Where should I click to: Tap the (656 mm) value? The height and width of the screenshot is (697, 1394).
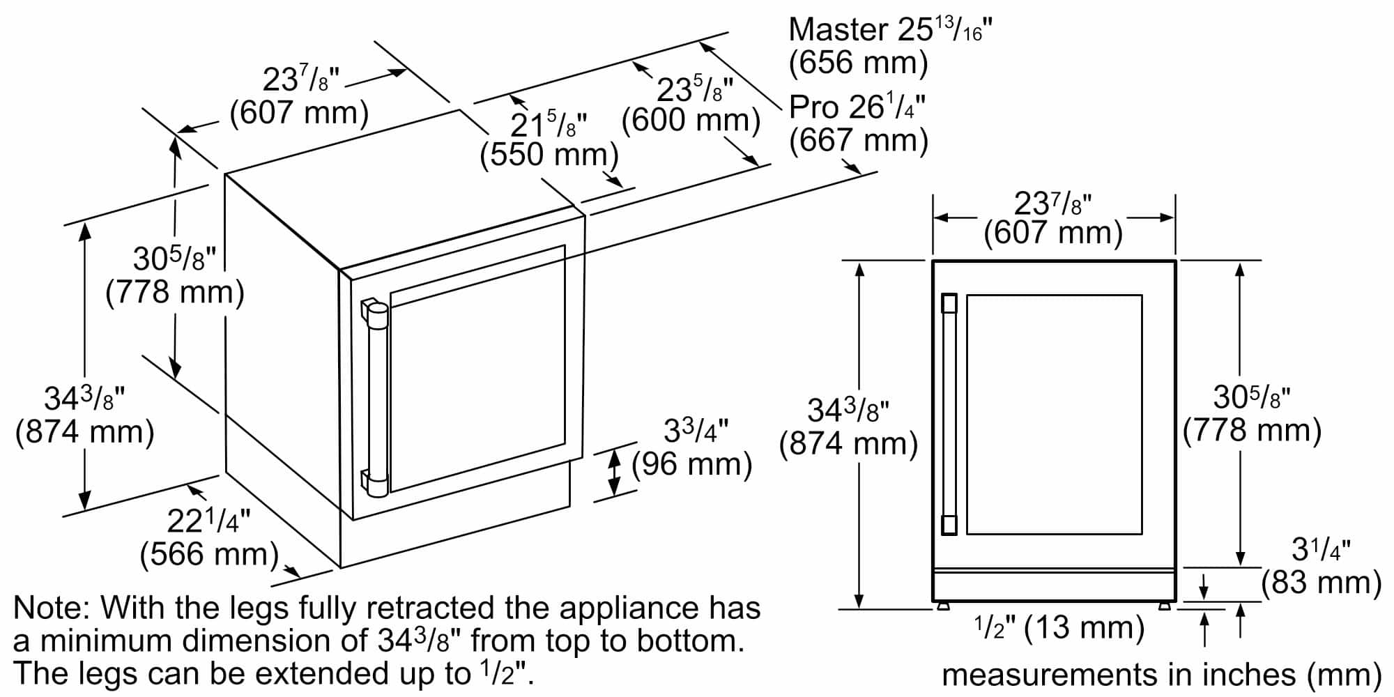pyautogui.click(x=858, y=63)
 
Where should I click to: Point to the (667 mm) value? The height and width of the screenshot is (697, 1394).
pyautogui.click(x=859, y=141)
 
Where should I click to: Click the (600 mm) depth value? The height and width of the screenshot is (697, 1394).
pyautogui.click(x=690, y=121)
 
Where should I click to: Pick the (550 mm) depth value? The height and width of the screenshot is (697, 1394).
pyautogui.click(x=549, y=155)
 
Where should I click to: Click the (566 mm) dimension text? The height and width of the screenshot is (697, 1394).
pyautogui.click(x=209, y=555)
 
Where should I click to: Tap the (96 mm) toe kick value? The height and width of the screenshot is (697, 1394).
pyautogui.click(x=691, y=464)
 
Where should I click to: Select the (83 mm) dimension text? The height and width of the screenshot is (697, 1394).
pyautogui.click(x=1322, y=583)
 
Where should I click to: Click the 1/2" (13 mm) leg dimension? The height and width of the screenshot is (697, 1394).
pyautogui.click(x=1059, y=628)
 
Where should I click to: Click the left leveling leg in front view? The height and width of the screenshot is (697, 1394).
pyautogui.click(x=943, y=606)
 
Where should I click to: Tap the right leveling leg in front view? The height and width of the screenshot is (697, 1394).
pyautogui.click(x=1165, y=606)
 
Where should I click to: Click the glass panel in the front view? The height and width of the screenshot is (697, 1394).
pyautogui.click(x=1054, y=414)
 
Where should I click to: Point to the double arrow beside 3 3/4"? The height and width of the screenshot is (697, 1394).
pyautogui.click(x=614, y=472)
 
